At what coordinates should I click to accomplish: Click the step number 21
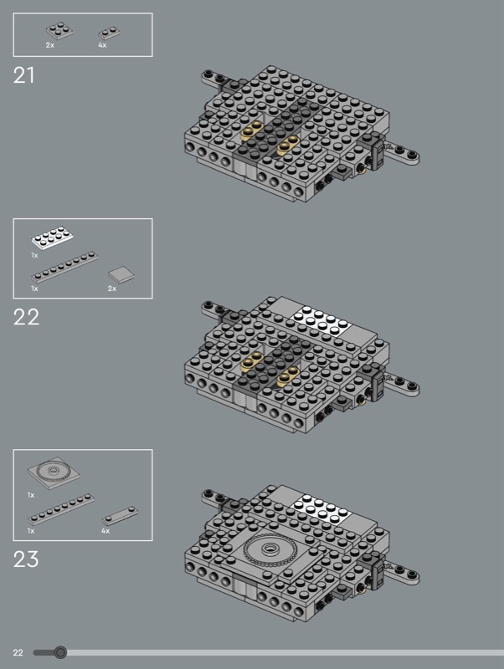click(x=23, y=75)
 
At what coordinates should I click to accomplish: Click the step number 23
click(x=26, y=559)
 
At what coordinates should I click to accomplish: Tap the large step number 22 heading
click(x=26, y=317)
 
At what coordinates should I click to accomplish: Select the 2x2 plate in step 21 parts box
click(x=59, y=31)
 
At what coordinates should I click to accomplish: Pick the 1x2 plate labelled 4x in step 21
click(x=109, y=33)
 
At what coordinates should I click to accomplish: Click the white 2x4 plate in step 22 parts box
click(x=52, y=237)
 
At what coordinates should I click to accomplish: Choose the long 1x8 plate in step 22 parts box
click(x=64, y=267)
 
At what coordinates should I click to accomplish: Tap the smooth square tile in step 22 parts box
click(x=121, y=275)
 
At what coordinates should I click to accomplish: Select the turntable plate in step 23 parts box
click(x=54, y=472)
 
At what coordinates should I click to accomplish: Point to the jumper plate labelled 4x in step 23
click(x=120, y=515)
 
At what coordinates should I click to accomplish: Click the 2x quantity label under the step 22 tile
click(x=112, y=289)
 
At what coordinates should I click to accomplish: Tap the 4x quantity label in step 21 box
click(x=102, y=45)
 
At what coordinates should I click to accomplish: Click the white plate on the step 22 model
click(x=321, y=321)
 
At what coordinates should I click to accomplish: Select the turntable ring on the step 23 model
click(x=268, y=549)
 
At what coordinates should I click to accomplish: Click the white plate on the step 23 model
click(x=321, y=510)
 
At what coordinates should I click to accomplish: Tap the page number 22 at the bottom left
click(x=18, y=652)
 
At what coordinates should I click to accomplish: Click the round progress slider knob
click(x=60, y=652)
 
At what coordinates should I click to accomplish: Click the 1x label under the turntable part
click(x=31, y=495)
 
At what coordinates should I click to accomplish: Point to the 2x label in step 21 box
click(x=50, y=45)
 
